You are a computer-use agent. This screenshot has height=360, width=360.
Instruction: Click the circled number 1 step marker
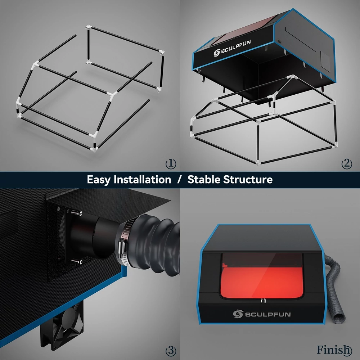[x=171, y=164]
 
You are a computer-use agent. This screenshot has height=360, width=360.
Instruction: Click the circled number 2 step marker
[x=347, y=164]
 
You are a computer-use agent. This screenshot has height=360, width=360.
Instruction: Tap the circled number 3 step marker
[x=171, y=351]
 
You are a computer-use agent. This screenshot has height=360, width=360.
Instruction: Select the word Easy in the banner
[x=99, y=180]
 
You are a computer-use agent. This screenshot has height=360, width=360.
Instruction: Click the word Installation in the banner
[x=142, y=179]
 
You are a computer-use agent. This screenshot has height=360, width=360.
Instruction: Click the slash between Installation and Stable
[x=179, y=180]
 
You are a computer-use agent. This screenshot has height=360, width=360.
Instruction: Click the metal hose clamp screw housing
[x=122, y=248]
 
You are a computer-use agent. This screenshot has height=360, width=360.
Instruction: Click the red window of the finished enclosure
[x=261, y=276]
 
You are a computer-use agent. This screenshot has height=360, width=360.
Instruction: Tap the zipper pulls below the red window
[x=263, y=301]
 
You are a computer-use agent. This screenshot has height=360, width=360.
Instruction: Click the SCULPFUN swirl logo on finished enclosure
[x=238, y=314]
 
